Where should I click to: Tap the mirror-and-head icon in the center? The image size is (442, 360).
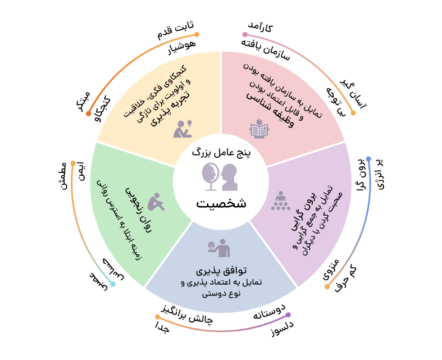pyautogui.click(x=221, y=175)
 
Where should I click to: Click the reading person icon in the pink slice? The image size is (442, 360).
pyautogui.click(x=259, y=129)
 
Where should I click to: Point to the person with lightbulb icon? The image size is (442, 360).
pyautogui.click(x=183, y=129)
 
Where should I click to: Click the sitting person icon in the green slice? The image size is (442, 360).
pyautogui.click(x=157, y=201)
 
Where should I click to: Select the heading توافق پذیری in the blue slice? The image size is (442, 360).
pyautogui.click(x=220, y=270)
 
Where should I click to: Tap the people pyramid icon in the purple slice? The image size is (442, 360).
pyautogui.click(x=280, y=200)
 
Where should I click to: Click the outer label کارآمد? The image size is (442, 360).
pyautogui.click(x=261, y=26)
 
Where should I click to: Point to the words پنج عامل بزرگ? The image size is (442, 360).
pyautogui.click(x=221, y=151)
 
